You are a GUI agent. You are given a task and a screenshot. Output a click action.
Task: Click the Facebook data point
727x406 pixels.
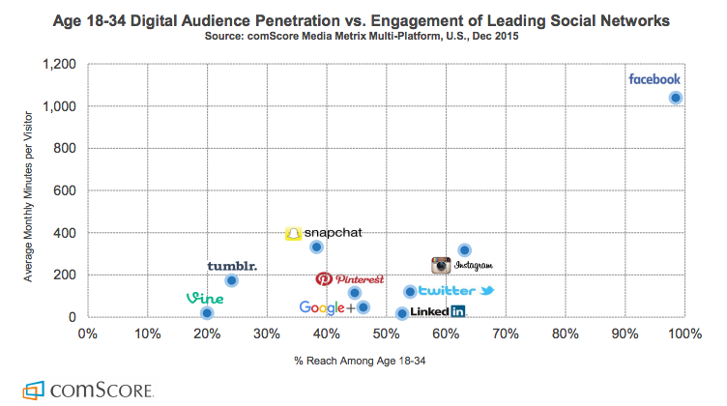[x=676, y=98]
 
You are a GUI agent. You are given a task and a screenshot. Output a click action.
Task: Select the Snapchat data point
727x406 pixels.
[x=316, y=247]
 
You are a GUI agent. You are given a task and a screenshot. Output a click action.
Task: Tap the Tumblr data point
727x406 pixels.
[x=232, y=281]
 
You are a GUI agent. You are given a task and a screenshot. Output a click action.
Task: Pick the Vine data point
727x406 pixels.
[x=207, y=313]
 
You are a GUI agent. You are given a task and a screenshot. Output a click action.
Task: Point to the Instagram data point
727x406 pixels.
[x=464, y=250]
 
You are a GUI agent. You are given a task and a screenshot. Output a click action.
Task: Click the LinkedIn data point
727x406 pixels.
[x=402, y=313]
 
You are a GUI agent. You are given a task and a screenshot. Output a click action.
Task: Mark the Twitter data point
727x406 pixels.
[x=410, y=292]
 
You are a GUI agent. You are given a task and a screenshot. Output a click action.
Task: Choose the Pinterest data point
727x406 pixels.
[x=354, y=293]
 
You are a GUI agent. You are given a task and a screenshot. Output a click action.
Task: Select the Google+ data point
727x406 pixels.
[x=363, y=307]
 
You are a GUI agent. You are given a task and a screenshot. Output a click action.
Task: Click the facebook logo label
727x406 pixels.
[x=654, y=79]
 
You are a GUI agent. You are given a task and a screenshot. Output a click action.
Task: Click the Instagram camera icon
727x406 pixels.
[x=442, y=265]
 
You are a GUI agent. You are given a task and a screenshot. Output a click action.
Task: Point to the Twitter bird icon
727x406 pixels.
[x=486, y=291]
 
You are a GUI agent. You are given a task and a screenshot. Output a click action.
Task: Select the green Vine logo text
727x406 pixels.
[x=205, y=299]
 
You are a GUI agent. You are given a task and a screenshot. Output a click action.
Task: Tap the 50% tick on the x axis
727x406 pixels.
[x=386, y=334]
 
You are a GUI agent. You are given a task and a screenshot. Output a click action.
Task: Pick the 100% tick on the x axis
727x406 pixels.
[x=683, y=334]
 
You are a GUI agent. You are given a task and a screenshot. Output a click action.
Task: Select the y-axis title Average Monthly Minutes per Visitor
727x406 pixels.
[x=29, y=190]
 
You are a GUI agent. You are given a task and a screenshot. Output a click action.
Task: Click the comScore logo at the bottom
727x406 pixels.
[x=88, y=391]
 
